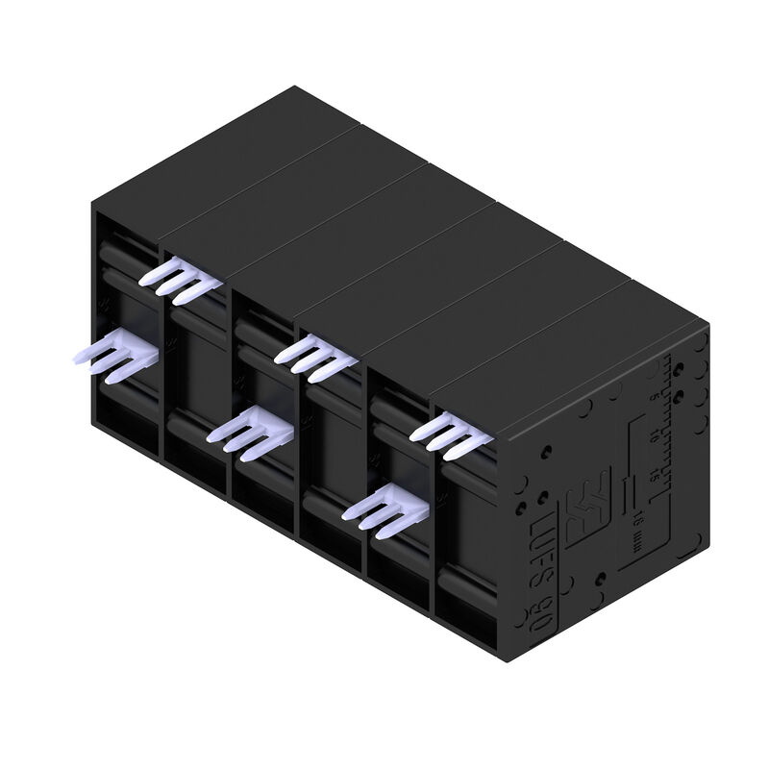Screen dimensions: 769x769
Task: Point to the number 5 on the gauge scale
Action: (654, 395)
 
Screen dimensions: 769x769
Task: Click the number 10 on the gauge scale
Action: (654, 435)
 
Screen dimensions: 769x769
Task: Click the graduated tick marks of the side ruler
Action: (670, 423)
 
